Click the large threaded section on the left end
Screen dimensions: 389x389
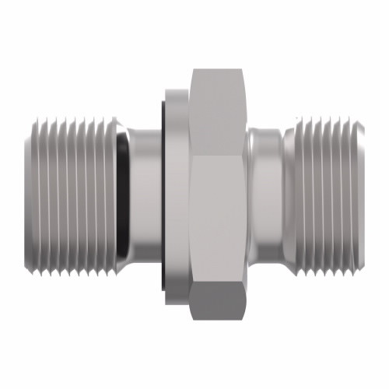point(74,194)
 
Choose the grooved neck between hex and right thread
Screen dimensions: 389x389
point(265,194)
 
